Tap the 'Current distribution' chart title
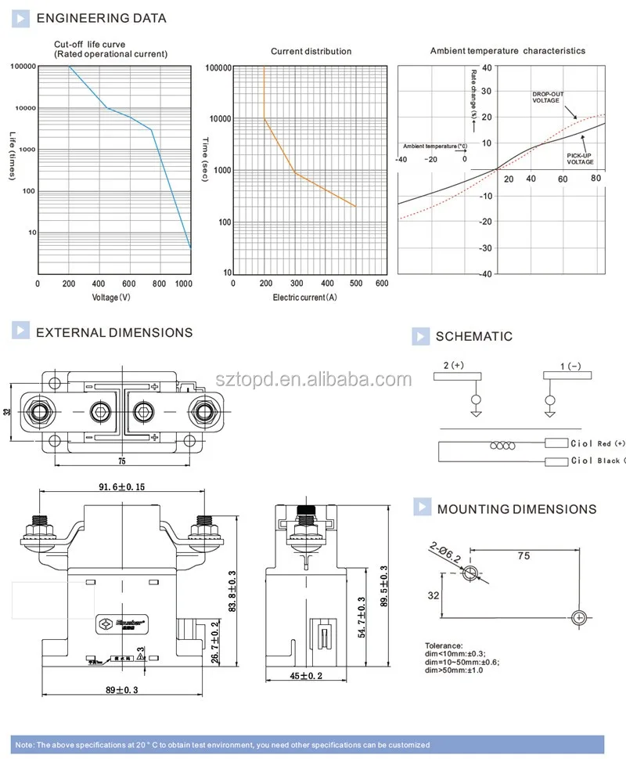(x=311, y=52)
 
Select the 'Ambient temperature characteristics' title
(x=507, y=51)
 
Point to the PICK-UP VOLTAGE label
(x=580, y=159)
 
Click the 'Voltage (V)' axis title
(x=110, y=298)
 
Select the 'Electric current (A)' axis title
(x=304, y=298)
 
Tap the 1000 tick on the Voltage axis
(x=184, y=284)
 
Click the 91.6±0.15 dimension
(x=121, y=487)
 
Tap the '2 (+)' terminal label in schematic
(x=454, y=366)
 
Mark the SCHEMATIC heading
(x=473, y=337)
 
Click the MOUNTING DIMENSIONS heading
(x=516, y=509)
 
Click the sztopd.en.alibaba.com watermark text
(x=324, y=381)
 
